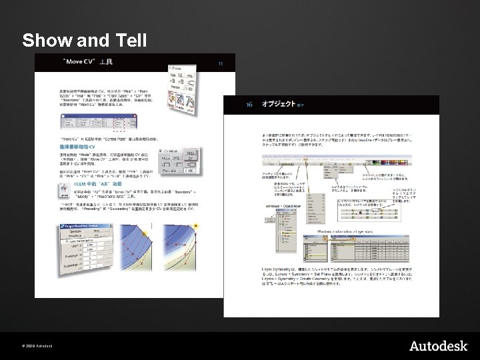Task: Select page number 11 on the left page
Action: (221, 63)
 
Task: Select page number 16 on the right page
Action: (249, 105)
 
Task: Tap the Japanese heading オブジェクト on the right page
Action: (278, 105)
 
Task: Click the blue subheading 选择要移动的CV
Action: (75, 147)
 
